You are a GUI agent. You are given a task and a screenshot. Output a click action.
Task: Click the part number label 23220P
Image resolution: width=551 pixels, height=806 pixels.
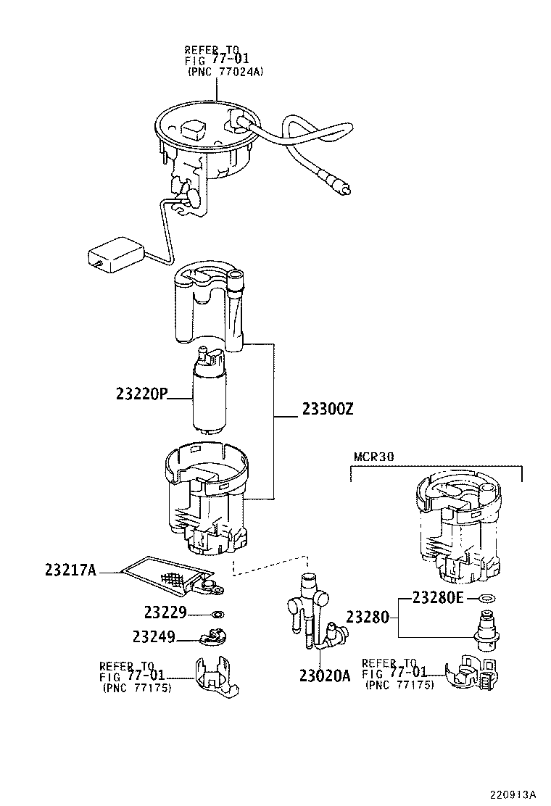click(x=141, y=394)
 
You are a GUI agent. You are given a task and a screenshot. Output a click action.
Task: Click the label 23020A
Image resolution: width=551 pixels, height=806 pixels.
click(x=324, y=676)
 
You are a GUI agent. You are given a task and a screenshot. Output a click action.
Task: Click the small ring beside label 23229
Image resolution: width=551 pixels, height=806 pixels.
click(x=217, y=615)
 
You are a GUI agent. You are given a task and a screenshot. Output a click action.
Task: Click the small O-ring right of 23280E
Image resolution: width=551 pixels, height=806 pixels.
click(x=488, y=599)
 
